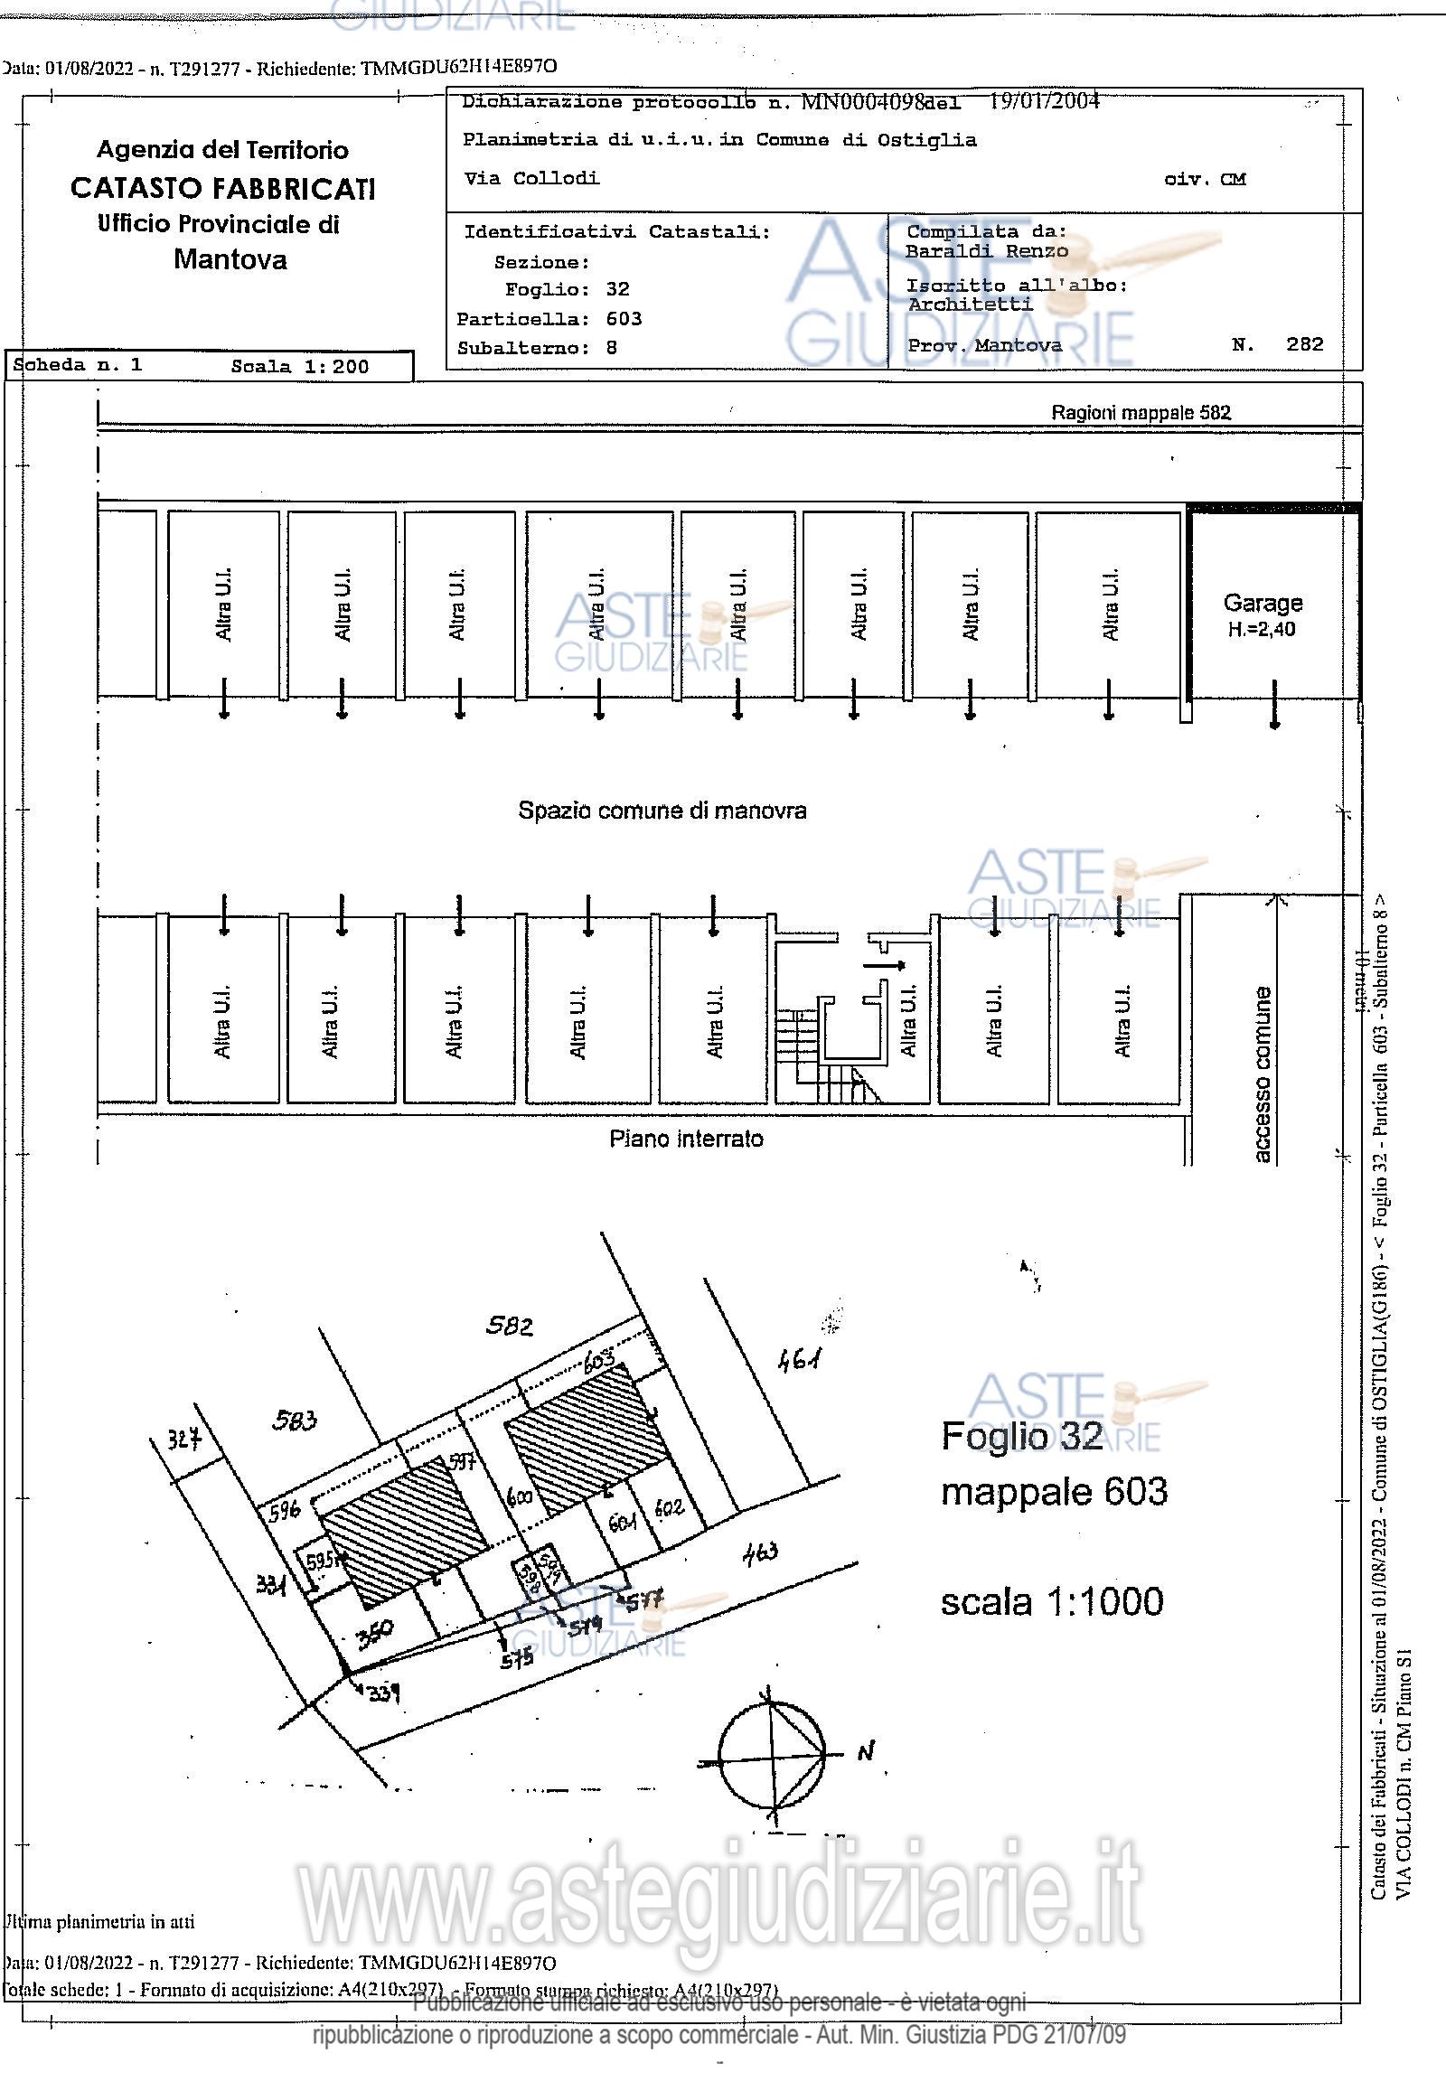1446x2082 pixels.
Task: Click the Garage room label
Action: click(x=1262, y=604)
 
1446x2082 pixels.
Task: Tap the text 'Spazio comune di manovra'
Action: click(x=662, y=810)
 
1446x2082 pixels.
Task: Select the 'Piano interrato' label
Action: click(x=686, y=1139)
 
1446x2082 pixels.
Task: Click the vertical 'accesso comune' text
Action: click(x=1261, y=1074)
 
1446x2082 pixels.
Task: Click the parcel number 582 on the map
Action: click(x=509, y=1327)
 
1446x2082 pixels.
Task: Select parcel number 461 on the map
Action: click(x=799, y=1359)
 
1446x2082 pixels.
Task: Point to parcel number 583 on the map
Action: click(x=295, y=1420)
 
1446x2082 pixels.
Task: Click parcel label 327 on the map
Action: click(x=184, y=1439)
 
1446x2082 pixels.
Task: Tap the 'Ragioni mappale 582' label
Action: click(x=1141, y=413)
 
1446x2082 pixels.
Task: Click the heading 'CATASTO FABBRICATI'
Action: click(x=222, y=189)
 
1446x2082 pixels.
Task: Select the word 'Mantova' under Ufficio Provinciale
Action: click(x=230, y=260)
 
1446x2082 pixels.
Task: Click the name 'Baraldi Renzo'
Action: click(x=987, y=251)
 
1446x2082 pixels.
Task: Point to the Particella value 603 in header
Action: click(x=624, y=319)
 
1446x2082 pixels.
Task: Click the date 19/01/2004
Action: click(x=1044, y=100)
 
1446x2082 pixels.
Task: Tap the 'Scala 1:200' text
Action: click(x=299, y=367)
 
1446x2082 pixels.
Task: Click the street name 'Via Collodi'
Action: click(x=531, y=179)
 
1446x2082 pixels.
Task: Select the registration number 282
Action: click(x=1304, y=344)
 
